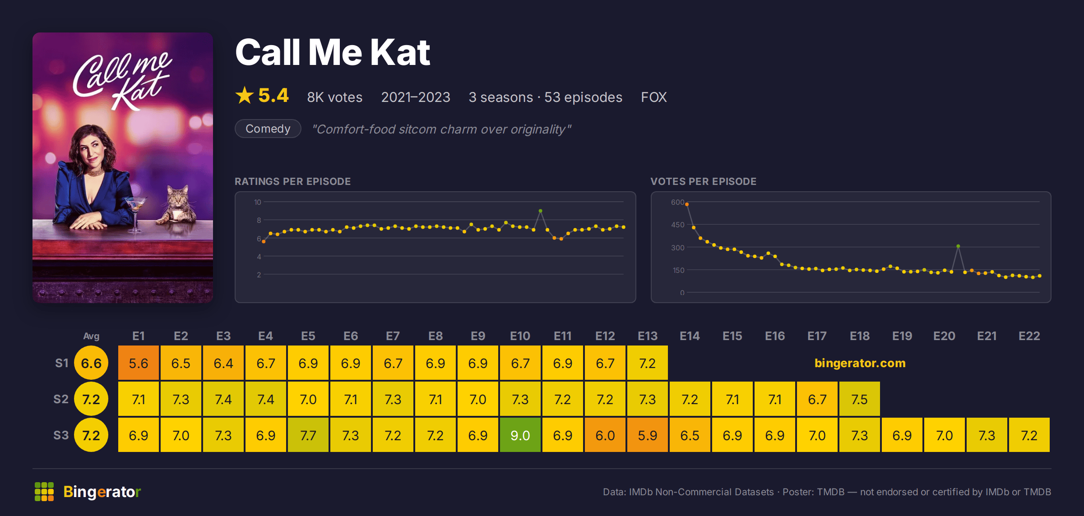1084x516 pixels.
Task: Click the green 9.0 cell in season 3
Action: (520, 435)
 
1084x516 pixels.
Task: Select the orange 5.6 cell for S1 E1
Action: (138, 363)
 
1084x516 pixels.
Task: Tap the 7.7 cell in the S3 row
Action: (308, 435)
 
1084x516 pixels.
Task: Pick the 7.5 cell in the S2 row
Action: (859, 399)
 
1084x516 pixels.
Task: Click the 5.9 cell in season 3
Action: (647, 435)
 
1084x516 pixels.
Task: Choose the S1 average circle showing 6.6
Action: (91, 363)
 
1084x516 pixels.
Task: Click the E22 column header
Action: (1029, 336)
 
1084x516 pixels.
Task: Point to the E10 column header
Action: (520, 336)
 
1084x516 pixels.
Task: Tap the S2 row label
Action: (61, 399)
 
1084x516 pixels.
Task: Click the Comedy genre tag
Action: (268, 129)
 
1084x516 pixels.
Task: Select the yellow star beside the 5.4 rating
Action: (245, 95)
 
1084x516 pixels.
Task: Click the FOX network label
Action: (653, 97)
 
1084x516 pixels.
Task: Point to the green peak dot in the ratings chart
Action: (540, 211)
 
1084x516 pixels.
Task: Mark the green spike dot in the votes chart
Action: (958, 246)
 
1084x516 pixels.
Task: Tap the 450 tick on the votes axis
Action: (677, 225)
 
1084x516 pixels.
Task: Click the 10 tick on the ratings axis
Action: (257, 202)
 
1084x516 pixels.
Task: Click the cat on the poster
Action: (177, 205)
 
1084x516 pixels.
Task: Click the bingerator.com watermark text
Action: (860, 363)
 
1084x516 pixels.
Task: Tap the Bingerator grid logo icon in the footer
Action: (44, 492)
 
